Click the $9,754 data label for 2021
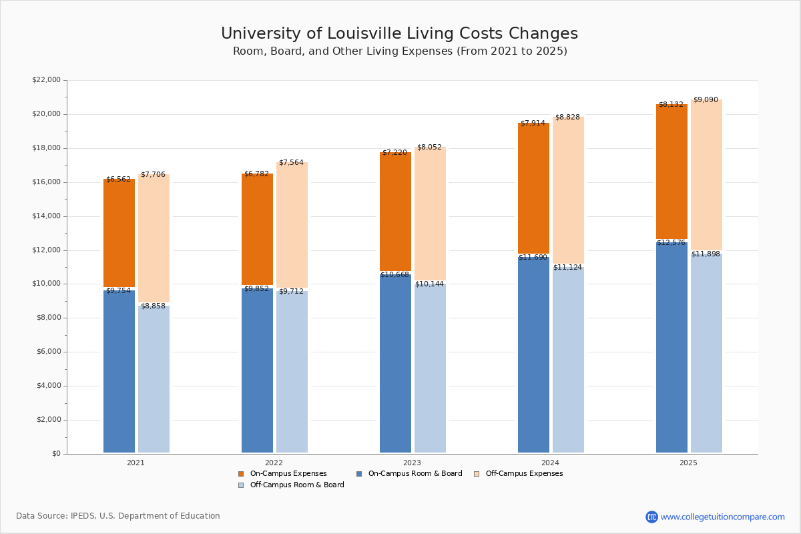point(119,291)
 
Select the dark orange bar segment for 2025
point(672,174)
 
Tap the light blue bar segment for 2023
point(430,367)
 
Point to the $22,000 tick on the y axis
point(46,80)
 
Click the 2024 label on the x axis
point(550,463)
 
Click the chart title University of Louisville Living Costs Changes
point(399,34)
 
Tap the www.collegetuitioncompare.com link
point(722,517)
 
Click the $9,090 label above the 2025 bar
point(706,100)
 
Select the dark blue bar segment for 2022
point(257,370)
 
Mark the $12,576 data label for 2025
point(670,243)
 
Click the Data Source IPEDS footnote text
point(118,516)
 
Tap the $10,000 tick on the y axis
point(46,284)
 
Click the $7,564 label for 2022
point(291,163)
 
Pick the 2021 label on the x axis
point(136,463)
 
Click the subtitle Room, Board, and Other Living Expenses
point(399,51)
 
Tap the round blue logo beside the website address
point(651,517)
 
